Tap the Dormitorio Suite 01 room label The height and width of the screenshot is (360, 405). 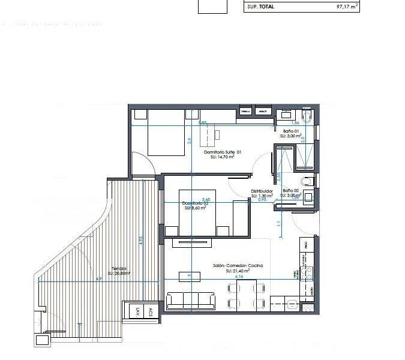223,152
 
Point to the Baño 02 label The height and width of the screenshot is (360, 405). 290,190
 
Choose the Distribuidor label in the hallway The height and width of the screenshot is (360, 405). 262,191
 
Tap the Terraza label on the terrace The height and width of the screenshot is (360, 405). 119,268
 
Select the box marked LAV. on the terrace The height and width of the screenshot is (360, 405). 137,311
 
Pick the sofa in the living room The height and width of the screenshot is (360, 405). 191,301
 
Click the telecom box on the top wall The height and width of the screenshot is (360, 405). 245,112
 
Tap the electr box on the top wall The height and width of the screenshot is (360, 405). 262,112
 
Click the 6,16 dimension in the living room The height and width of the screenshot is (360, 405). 238,277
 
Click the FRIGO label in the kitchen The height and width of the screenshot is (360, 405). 307,245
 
